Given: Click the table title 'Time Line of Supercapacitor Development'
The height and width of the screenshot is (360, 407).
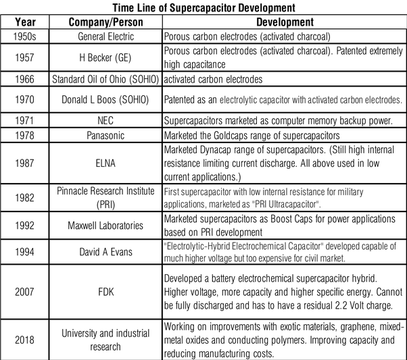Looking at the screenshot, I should [x=203, y=7].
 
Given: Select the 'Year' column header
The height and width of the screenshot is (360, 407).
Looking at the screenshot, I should [x=24, y=22].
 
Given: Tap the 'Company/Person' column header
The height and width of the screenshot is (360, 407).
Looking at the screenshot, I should [x=107, y=22].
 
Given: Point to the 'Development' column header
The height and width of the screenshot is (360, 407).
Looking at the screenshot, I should [x=285, y=22].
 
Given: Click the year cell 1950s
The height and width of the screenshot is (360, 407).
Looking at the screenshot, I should [x=24, y=35].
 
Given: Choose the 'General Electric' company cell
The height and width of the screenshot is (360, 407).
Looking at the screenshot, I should [x=107, y=35].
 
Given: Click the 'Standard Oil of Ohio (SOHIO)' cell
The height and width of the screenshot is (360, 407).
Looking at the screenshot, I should [x=107, y=78].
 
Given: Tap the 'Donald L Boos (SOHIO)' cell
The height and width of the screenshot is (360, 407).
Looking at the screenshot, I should [x=107, y=99].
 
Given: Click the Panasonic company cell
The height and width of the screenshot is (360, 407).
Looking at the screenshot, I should [x=107, y=135].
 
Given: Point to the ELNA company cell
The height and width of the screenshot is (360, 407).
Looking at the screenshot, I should [x=107, y=163].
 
